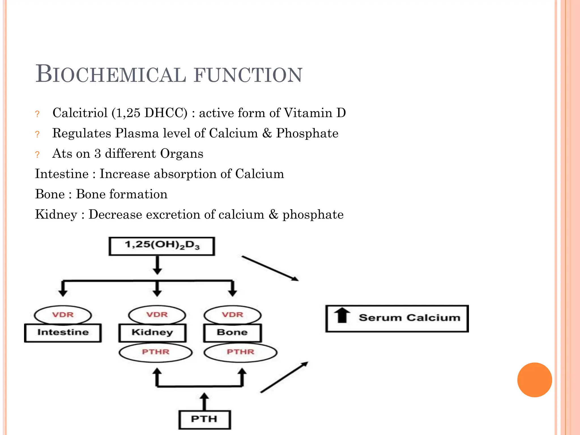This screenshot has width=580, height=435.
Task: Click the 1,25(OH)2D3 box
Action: [x=162, y=246]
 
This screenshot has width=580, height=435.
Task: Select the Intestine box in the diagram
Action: [x=63, y=332]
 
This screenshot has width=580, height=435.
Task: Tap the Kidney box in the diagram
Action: [x=152, y=332]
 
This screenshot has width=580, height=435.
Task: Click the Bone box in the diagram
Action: [x=232, y=332]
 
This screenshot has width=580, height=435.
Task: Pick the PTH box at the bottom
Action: [x=204, y=419]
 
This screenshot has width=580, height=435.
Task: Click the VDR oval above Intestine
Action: [x=63, y=315]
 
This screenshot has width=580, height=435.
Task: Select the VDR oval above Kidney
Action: [x=157, y=314]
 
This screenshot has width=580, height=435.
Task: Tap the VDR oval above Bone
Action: [x=233, y=314]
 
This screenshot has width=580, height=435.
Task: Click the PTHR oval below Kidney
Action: [x=155, y=352]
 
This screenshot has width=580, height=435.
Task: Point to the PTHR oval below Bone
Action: [x=240, y=352]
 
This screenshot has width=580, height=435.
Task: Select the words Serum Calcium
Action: [x=410, y=318]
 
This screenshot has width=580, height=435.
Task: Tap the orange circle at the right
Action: [x=534, y=380]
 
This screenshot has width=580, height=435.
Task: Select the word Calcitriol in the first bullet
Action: [x=80, y=113]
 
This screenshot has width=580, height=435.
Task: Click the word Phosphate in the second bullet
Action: [x=307, y=133]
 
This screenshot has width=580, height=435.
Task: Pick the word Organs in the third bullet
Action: [x=182, y=154]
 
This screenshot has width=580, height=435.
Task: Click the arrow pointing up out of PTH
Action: [x=204, y=401]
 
